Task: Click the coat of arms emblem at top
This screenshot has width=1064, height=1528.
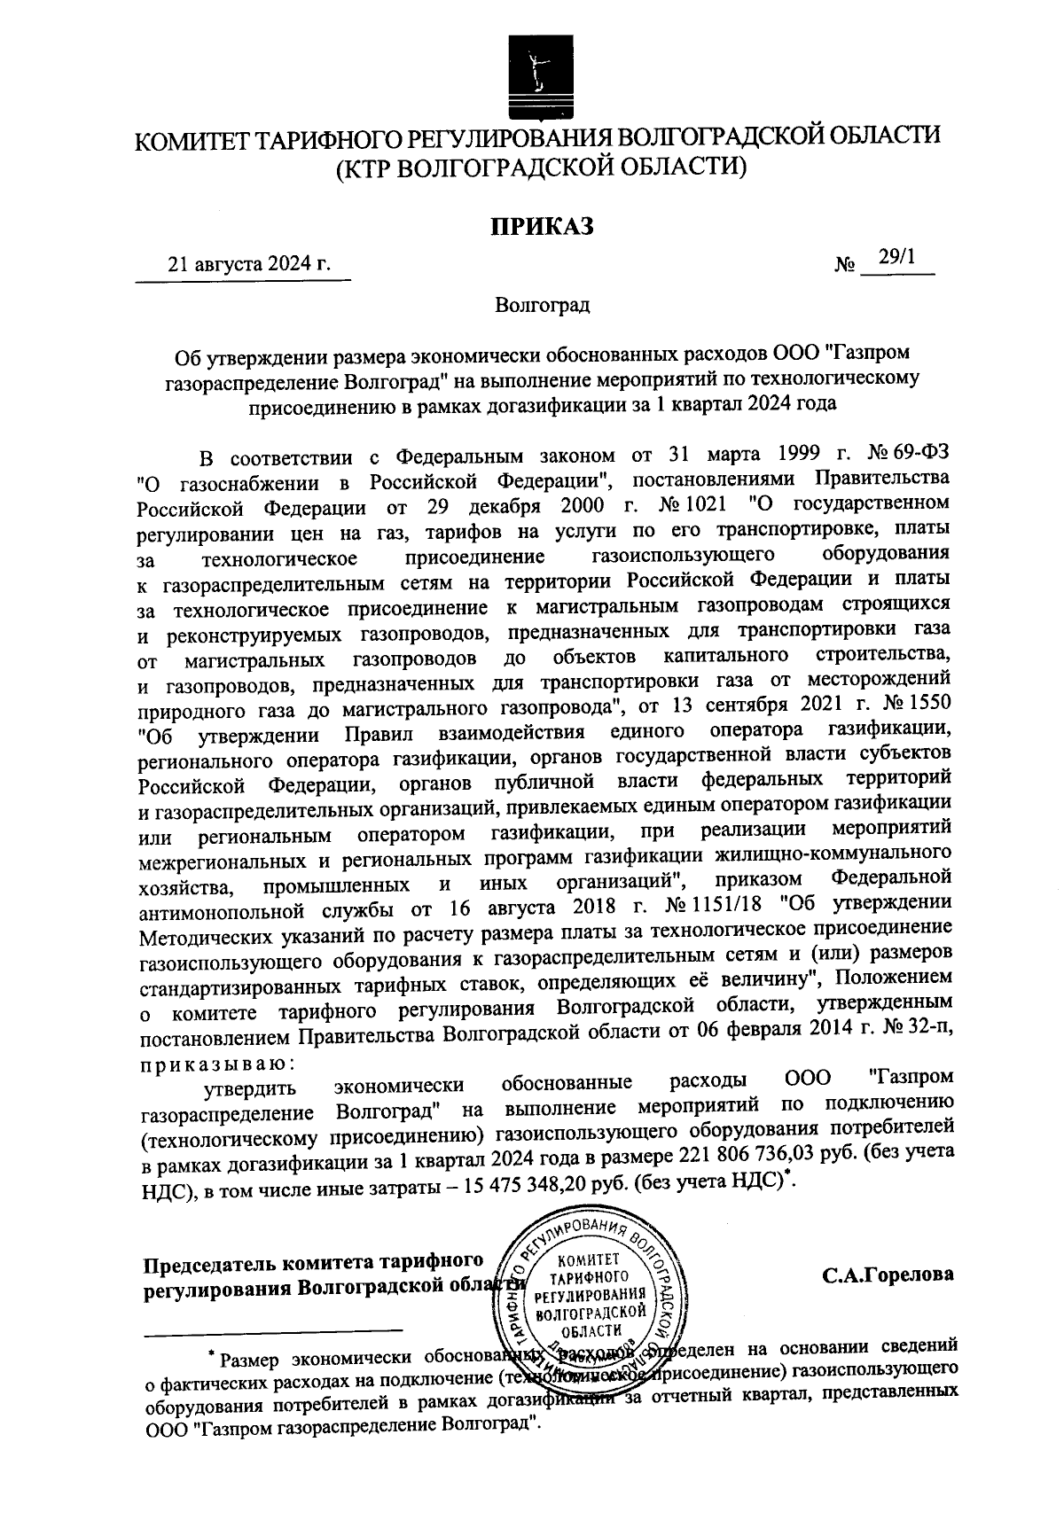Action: (x=534, y=76)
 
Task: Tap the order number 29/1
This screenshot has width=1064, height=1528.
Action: (x=896, y=257)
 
